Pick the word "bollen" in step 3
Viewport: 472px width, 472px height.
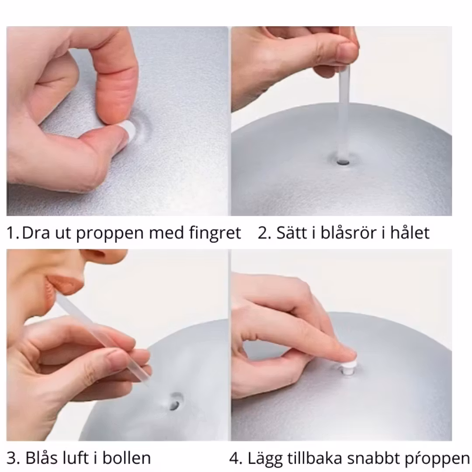click(x=126, y=458)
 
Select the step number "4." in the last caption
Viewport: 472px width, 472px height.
click(x=236, y=458)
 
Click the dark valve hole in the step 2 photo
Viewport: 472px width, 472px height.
click(x=343, y=162)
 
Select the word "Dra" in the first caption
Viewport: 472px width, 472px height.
click(x=36, y=233)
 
